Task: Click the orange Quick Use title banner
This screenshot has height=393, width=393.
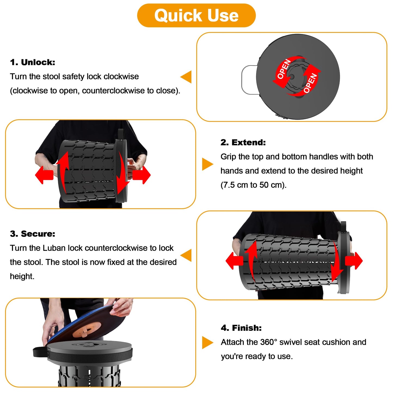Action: (x=196, y=16)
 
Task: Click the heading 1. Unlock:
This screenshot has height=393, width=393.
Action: (x=33, y=62)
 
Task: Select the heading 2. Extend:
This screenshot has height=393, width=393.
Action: (x=243, y=143)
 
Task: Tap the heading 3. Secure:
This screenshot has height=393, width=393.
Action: (x=33, y=234)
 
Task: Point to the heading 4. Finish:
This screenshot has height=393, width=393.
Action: (x=241, y=328)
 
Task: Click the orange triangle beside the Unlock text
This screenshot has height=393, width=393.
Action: (x=187, y=77)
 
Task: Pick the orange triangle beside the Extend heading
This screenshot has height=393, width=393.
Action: (x=207, y=164)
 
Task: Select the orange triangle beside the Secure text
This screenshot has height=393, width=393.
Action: (x=187, y=255)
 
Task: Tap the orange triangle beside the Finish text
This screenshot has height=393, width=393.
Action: (x=207, y=343)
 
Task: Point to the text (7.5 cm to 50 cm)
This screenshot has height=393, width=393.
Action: (x=253, y=185)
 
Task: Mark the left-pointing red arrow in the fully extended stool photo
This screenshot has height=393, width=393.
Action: (x=234, y=261)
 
